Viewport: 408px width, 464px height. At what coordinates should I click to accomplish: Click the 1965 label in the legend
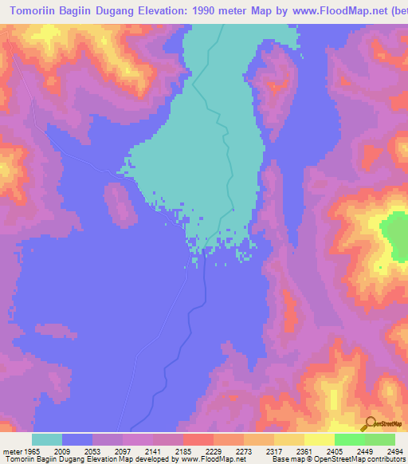click(30, 452)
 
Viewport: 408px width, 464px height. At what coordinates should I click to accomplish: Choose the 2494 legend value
click(394, 452)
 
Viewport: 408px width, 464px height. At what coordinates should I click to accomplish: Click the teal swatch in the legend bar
click(47, 439)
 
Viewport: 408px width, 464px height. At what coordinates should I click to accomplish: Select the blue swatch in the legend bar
click(77, 439)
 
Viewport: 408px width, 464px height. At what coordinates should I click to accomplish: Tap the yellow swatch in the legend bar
click(319, 439)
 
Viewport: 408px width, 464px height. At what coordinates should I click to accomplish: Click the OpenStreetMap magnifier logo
click(369, 423)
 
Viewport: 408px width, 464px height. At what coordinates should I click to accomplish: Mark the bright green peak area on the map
click(394, 237)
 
